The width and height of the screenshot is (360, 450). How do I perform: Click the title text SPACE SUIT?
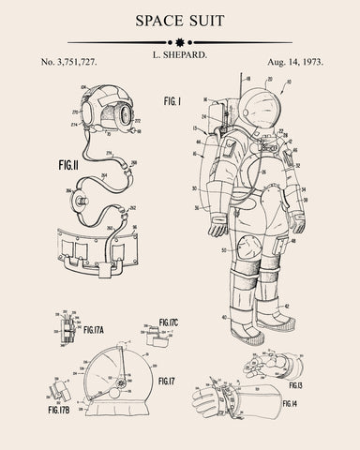coord(180,21)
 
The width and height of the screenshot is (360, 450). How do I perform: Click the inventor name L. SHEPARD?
coord(180,57)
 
